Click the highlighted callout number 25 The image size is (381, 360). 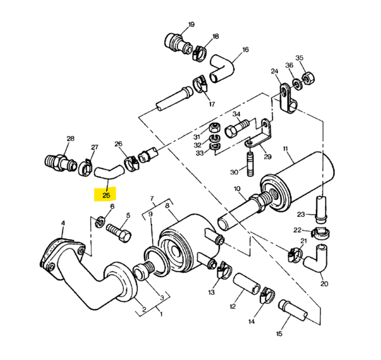click(106, 195)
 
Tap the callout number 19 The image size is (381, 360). click(191, 24)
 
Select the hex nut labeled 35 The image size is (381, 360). click(308, 78)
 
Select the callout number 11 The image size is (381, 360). click(285, 149)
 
